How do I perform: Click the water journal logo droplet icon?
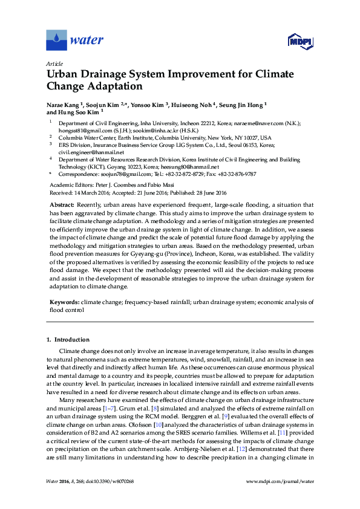click(56, 40)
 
